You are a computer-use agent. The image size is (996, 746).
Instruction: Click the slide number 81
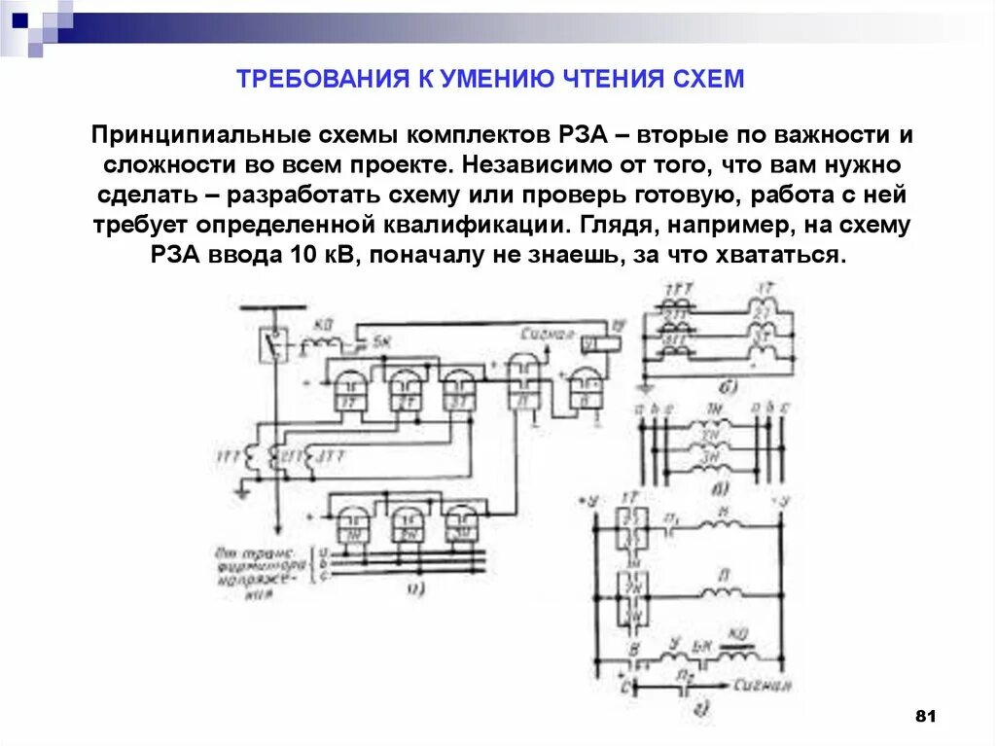(925, 717)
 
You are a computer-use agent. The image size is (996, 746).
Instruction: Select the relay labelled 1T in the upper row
(347, 389)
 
